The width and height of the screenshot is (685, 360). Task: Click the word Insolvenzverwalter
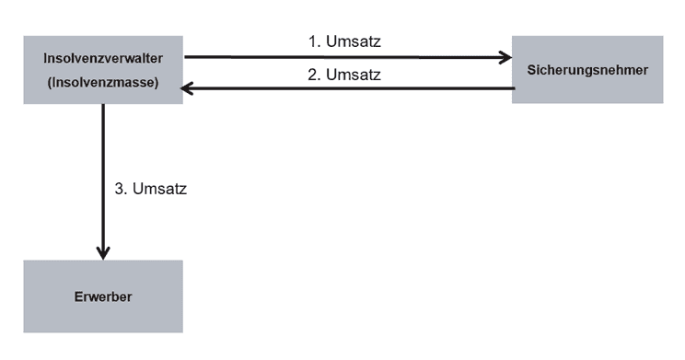pos(103,59)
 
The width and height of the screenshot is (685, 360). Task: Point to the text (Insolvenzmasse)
pos(103,82)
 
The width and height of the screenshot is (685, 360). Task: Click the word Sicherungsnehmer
pos(587,70)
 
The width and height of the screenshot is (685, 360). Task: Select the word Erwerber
pos(103,297)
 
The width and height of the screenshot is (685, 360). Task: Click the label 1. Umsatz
pos(343,42)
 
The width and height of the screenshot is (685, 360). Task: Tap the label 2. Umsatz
pos(343,74)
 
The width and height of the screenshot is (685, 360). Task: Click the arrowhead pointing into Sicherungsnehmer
pos(505,58)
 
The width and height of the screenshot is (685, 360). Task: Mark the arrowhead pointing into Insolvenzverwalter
pos(189,88)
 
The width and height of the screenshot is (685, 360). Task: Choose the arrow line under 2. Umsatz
pos(350,88)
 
